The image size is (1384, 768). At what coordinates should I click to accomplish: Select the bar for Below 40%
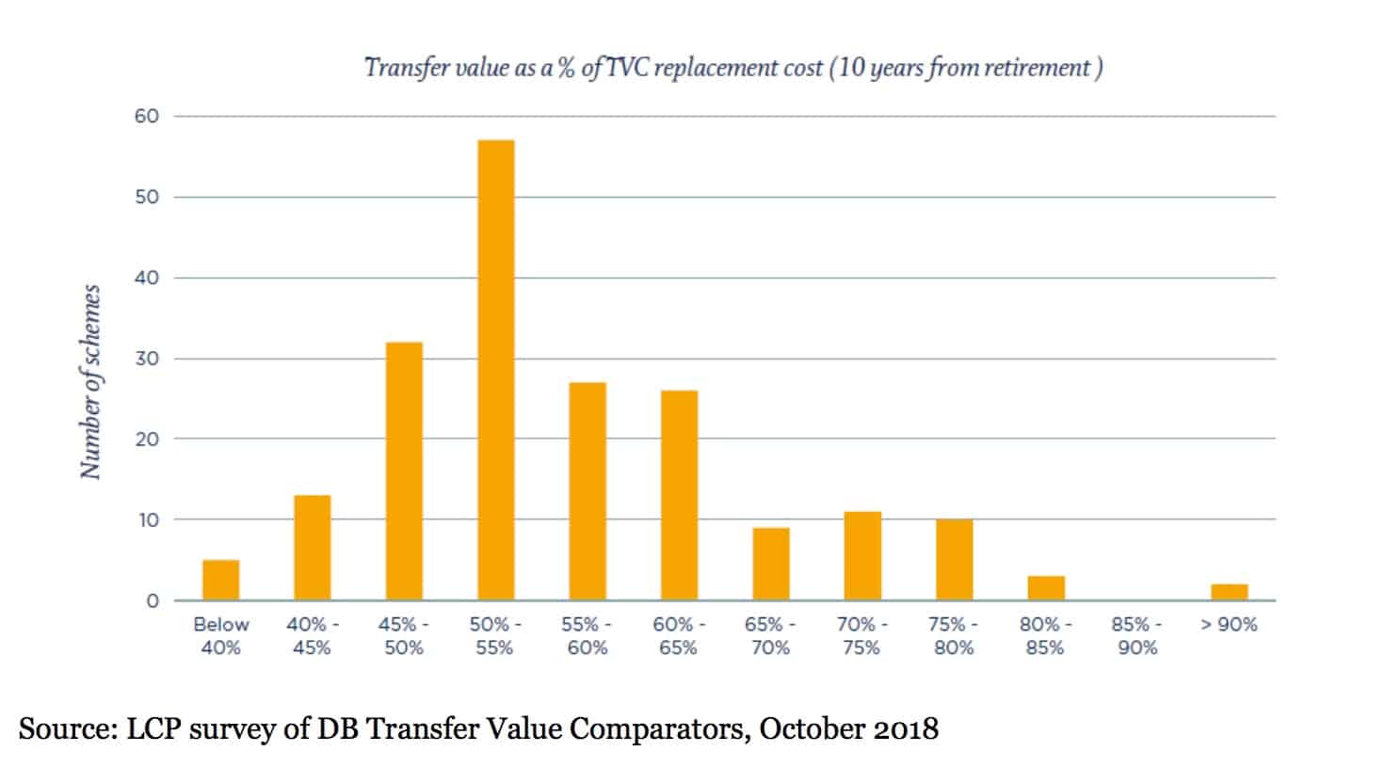221,580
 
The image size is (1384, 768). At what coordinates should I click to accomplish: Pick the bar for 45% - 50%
405,471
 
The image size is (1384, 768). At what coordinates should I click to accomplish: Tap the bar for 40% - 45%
313,548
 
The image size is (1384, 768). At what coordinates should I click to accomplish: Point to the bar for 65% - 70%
771,564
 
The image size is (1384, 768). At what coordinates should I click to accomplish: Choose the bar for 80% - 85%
1046,588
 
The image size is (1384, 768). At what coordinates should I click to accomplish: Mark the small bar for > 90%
1230,592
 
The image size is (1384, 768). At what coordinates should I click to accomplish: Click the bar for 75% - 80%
955,560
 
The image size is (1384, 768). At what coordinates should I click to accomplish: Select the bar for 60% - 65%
680,495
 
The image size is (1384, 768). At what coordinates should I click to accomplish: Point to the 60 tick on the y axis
147,117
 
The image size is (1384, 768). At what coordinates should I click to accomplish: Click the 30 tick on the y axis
147,359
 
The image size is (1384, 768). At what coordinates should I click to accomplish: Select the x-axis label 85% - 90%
1137,636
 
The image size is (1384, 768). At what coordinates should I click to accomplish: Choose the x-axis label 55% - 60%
587,636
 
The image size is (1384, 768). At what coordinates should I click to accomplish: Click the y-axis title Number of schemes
91,382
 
